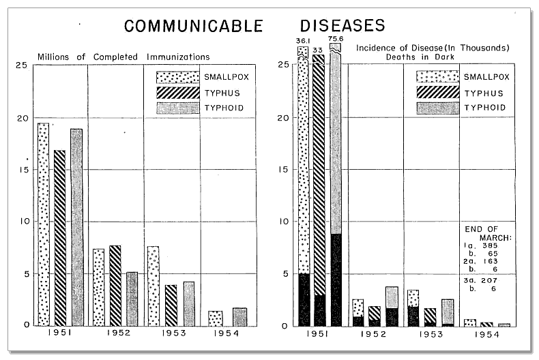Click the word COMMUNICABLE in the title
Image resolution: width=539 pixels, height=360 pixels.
(194, 26)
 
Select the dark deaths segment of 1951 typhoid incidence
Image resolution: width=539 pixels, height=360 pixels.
(336, 280)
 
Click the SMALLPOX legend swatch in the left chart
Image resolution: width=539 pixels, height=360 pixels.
(177, 77)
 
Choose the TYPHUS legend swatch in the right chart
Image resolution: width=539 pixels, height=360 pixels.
(437, 93)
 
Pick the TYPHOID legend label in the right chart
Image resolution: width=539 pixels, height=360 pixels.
(485, 108)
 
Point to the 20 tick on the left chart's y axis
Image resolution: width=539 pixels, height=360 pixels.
(23, 118)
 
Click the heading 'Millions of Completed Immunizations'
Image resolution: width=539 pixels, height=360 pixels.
(123, 57)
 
